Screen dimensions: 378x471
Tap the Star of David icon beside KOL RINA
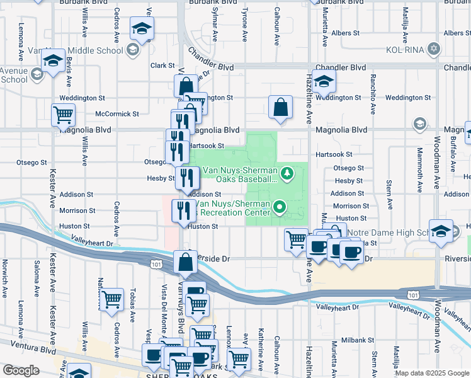click(x=433, y=49)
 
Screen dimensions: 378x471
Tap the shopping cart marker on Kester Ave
click(x=63, y=115)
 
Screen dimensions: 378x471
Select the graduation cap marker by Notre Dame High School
click(x=441, y=230)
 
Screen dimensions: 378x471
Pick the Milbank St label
click(x=359, y=340)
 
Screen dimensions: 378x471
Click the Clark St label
click(x=162, y=66)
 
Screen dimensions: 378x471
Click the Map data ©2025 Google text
click(x=431, y=373)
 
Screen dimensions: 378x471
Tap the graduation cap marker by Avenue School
click(x=52, y=60)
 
